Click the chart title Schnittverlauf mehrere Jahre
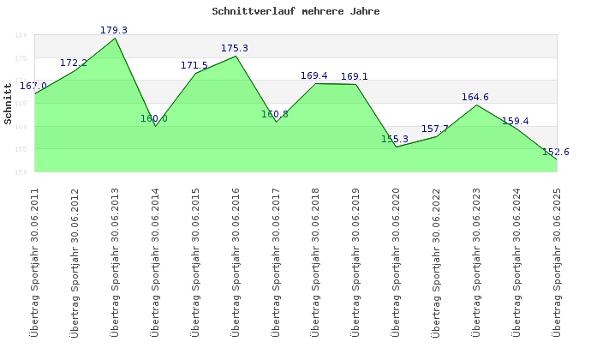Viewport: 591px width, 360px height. click(295, 12)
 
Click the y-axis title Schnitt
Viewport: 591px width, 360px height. click(9, 110)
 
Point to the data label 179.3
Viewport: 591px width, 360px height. click(114, 30)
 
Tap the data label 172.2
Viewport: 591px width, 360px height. click(74, 63)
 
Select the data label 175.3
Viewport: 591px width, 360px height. click(235, 48)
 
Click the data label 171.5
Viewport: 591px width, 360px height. click(194, 65)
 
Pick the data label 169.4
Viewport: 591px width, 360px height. click(314, 75)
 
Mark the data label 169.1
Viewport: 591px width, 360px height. click(355, 76)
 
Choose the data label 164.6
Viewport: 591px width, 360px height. click(475, 97)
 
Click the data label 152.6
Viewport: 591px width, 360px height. click(556, 152)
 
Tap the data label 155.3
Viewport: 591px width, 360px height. click(395, 139)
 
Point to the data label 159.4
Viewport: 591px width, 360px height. click(516, 121)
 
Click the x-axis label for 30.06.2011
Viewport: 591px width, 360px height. click(34, 262)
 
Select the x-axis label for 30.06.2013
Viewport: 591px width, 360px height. click(115, 262)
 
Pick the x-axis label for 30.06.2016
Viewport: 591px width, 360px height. click(236, 262)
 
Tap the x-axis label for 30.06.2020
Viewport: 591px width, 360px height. click(396, 262)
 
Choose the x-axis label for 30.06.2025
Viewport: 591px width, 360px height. click(557, 262)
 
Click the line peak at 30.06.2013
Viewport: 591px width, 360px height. click(116, 38)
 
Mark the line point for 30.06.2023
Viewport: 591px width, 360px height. click(476, 105)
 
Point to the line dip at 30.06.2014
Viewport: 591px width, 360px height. click(156, 125)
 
